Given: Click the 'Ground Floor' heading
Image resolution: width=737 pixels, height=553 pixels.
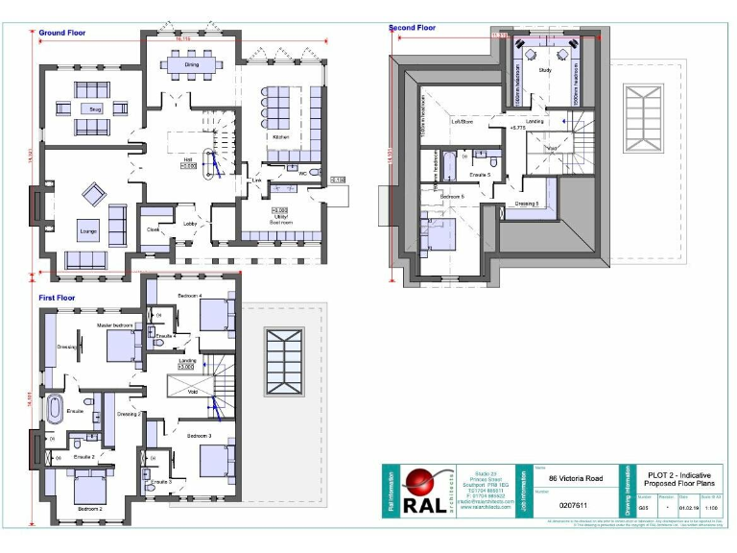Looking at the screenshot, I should tap(62, 33).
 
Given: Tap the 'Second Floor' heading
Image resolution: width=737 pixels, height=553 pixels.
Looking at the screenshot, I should tap(412, 28).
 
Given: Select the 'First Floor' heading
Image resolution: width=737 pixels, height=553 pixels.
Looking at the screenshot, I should tap(58, 299).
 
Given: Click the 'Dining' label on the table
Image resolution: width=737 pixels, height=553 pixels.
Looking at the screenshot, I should tap(192, 65).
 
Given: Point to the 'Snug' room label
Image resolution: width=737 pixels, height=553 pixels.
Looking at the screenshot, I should tap(95, 108).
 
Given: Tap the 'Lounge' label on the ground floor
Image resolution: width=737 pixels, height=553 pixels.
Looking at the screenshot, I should tap(87, 232).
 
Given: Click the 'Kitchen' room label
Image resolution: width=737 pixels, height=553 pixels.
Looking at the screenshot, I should tap(280, 137).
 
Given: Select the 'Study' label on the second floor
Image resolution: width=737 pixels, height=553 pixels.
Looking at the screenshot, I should tap(544, 70).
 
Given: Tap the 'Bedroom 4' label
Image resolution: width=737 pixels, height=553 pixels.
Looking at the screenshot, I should tap(187, 297).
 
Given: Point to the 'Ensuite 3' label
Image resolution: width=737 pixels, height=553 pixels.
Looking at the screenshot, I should tap(160, 481).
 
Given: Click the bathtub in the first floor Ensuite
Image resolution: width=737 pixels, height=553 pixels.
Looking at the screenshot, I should tap(55, 409).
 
